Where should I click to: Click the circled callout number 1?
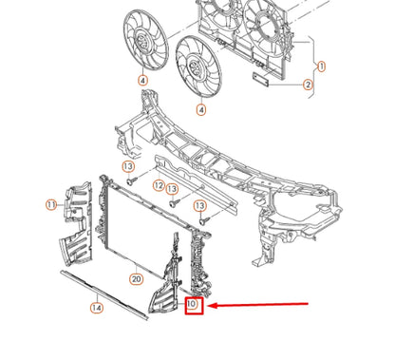pyautogui.click(x=321, y=66)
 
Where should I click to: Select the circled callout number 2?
pyautogui.click(x=308, y=85)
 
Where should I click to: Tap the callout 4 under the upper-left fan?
pyautogui.click(x=142, y=81)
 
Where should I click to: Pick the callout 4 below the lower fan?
pyautogui.click(x=201, y=110)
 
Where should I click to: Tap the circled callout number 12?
pyautogui.click(x=160, y=185)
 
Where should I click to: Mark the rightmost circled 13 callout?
pyautogui.click(x=200, y=205)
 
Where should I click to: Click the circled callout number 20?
pyautogui.click(x=136, y=279)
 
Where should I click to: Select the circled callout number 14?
pyautogui.click(x=96, y=307)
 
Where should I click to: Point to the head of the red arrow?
pyautogui.click(x=211, y=306)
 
